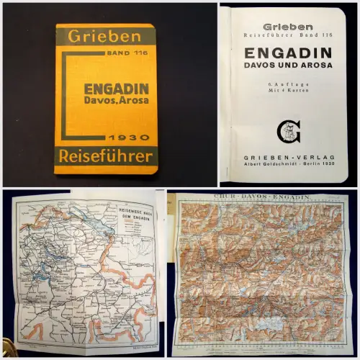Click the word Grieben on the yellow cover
coord(104,35)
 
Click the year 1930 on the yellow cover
coord(130,137)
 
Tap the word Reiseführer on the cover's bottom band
coord(105,156)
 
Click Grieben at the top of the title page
coord(287,27)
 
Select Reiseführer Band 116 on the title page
coord(288,35)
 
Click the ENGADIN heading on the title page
coord(287,53)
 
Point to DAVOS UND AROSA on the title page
coord(287,66)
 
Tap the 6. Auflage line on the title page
coord(287,86)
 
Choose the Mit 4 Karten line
coord(287,94)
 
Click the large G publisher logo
coord(287,131)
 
